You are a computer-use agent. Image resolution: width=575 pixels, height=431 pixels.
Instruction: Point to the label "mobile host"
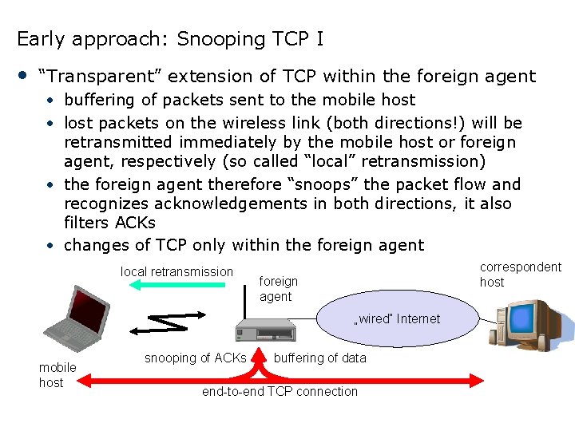(x=57, y=374)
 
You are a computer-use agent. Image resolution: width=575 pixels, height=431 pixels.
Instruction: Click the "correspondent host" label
(x=520, y=274)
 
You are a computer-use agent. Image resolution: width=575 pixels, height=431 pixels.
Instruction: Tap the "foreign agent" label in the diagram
(x=278, y=288)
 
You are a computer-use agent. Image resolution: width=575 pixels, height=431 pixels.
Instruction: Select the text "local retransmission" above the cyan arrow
(x=176, y=271)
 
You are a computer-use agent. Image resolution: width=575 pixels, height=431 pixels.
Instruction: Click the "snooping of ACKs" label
(x=195, y=358)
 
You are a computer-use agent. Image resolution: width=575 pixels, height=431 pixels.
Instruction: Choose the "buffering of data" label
(x=319, y=358)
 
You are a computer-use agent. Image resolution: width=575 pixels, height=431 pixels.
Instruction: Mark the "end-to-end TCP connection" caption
(x=280, y=391)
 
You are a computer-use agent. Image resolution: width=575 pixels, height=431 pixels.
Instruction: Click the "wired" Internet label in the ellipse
(x=397, y=318)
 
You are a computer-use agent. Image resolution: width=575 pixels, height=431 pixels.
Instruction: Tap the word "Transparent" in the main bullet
(x=99, y=77)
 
